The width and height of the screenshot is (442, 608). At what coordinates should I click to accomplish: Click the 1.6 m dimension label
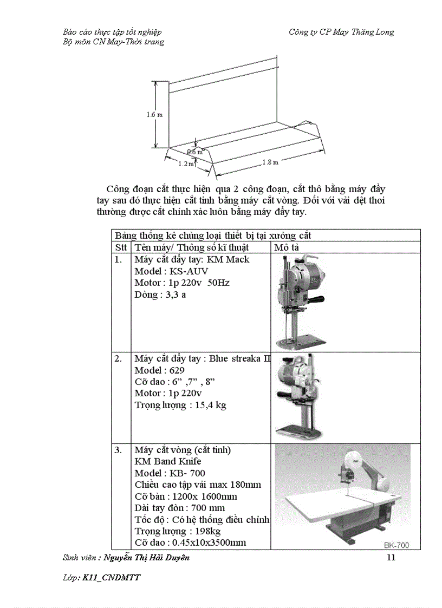pos(154,115)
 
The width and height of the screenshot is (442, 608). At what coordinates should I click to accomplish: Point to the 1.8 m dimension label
pos(270,162)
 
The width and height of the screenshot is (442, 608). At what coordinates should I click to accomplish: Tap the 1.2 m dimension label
pos(186,164)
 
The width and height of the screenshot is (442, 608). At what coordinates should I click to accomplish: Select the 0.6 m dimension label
pos(195,152)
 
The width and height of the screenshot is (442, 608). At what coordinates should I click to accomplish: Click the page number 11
pos(390,558)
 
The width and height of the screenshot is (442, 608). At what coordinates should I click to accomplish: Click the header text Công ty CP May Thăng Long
pos(341,32)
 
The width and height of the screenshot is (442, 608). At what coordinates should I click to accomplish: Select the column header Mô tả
pos(287,247)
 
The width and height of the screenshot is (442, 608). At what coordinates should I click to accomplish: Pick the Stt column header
pos(121,247)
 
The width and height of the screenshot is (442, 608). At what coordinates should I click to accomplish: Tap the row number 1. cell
pos(118,259)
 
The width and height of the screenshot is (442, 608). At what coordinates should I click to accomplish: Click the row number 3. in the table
pos(118,450)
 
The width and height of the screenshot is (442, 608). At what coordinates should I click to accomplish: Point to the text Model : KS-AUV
pos(171,271)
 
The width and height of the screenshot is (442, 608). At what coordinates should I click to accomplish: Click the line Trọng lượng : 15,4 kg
pos(180,405)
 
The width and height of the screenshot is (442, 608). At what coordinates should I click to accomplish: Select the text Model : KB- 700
pos(170,473)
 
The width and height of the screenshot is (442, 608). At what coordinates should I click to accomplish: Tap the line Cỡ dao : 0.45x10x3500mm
pos(190,542)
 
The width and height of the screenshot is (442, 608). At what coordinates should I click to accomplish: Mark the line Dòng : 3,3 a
pos(160,295)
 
